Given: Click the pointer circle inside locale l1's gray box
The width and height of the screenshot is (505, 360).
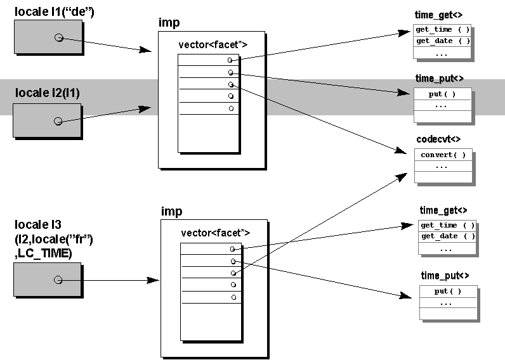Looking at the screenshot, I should [58, 38].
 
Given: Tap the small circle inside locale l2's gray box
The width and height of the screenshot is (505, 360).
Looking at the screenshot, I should [58, 120].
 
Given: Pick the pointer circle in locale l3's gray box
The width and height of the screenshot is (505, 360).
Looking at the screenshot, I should [58, 280].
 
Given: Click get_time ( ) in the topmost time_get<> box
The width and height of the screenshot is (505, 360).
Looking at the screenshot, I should [442, 30].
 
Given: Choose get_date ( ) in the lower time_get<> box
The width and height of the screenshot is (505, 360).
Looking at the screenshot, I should [447, 236].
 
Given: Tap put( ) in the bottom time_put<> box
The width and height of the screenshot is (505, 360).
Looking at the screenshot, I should [448, 292].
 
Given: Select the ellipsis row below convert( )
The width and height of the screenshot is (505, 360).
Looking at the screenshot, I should [443, 166].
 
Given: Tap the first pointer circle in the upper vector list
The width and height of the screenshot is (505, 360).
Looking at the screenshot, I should [230, 60].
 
